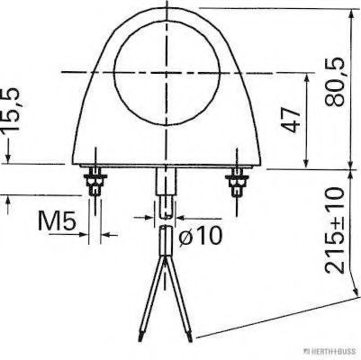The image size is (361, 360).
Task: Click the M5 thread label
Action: point(57,219)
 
